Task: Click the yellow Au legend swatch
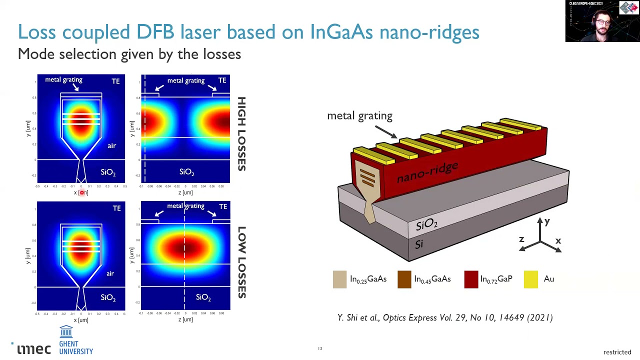click(531, 279)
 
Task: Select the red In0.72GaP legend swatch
click(471, 279)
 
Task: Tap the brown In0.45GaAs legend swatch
click(404, 279)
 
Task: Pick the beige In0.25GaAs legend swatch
click(339, 279)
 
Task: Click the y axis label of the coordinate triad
click(547, 221)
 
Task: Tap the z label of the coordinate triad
click(521, 239)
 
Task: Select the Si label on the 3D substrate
click(419, 244)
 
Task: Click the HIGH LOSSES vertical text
click(241, 134)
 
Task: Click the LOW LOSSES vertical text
click(241, 262)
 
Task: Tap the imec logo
click(34, 348)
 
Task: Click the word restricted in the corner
click(617, 352)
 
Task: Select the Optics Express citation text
click(445, 317)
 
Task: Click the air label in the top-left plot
click(111, 145)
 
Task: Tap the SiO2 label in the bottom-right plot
click(203, 297)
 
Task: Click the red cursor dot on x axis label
click(82, 192)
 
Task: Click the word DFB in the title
click(155, 32)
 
